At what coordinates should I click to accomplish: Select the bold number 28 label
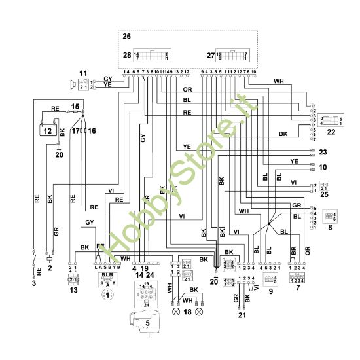(x=127, y=56)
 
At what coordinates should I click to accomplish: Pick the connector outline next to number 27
(x=233, y=56)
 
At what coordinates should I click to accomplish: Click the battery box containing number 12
(x=46, y=131)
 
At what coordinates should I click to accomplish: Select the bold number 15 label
(x=75, y=105)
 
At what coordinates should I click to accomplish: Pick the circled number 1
(x=105, y=296)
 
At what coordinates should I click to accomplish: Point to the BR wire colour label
(x=293, y=251)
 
